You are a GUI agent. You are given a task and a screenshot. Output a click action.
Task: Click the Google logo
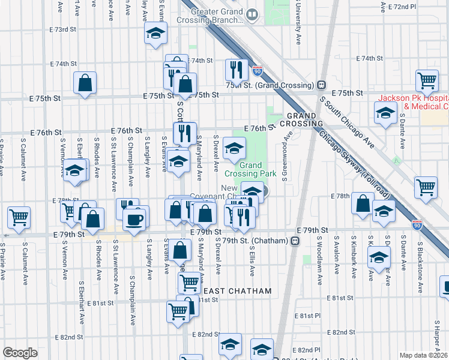click(20, 352)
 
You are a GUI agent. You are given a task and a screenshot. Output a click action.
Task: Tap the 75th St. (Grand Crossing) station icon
click(322, 85)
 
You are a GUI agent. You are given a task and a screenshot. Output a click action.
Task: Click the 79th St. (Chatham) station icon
click(295, 241)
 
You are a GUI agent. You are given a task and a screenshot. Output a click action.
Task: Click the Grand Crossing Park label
click(250, 169)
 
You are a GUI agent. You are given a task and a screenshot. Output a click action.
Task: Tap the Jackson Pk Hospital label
click(413, 102)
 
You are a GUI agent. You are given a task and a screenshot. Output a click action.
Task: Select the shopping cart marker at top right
click(427, 80)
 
